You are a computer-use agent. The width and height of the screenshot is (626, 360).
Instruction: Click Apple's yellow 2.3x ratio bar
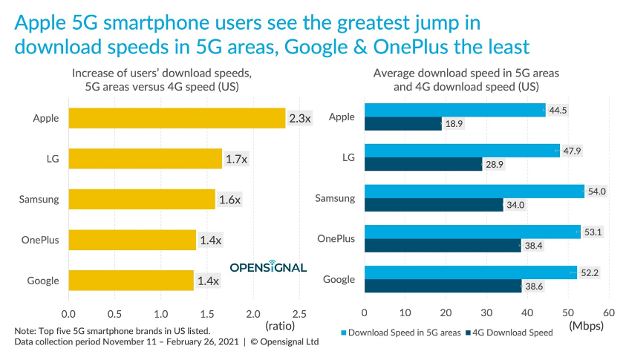177,118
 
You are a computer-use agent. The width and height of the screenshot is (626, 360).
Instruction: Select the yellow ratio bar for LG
145,158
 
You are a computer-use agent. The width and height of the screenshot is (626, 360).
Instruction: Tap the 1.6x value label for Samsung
229,199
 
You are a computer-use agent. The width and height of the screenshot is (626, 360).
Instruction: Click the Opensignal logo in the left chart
267,266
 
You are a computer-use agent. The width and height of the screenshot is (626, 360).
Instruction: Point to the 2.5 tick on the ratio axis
299,313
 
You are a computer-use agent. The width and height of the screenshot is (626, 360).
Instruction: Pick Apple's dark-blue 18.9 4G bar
403,123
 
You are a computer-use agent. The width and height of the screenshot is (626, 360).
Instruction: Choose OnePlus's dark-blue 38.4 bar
443,246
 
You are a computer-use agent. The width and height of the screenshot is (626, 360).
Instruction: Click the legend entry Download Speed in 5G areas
402,333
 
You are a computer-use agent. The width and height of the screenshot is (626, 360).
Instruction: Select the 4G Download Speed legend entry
513,333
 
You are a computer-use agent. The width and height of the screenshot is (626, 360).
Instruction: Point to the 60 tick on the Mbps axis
609,313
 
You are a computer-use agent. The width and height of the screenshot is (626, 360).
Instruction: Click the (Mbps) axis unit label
585,325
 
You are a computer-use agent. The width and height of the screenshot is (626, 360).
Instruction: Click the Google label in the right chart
339,279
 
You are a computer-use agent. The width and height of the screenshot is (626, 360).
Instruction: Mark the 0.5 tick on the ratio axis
115,313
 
